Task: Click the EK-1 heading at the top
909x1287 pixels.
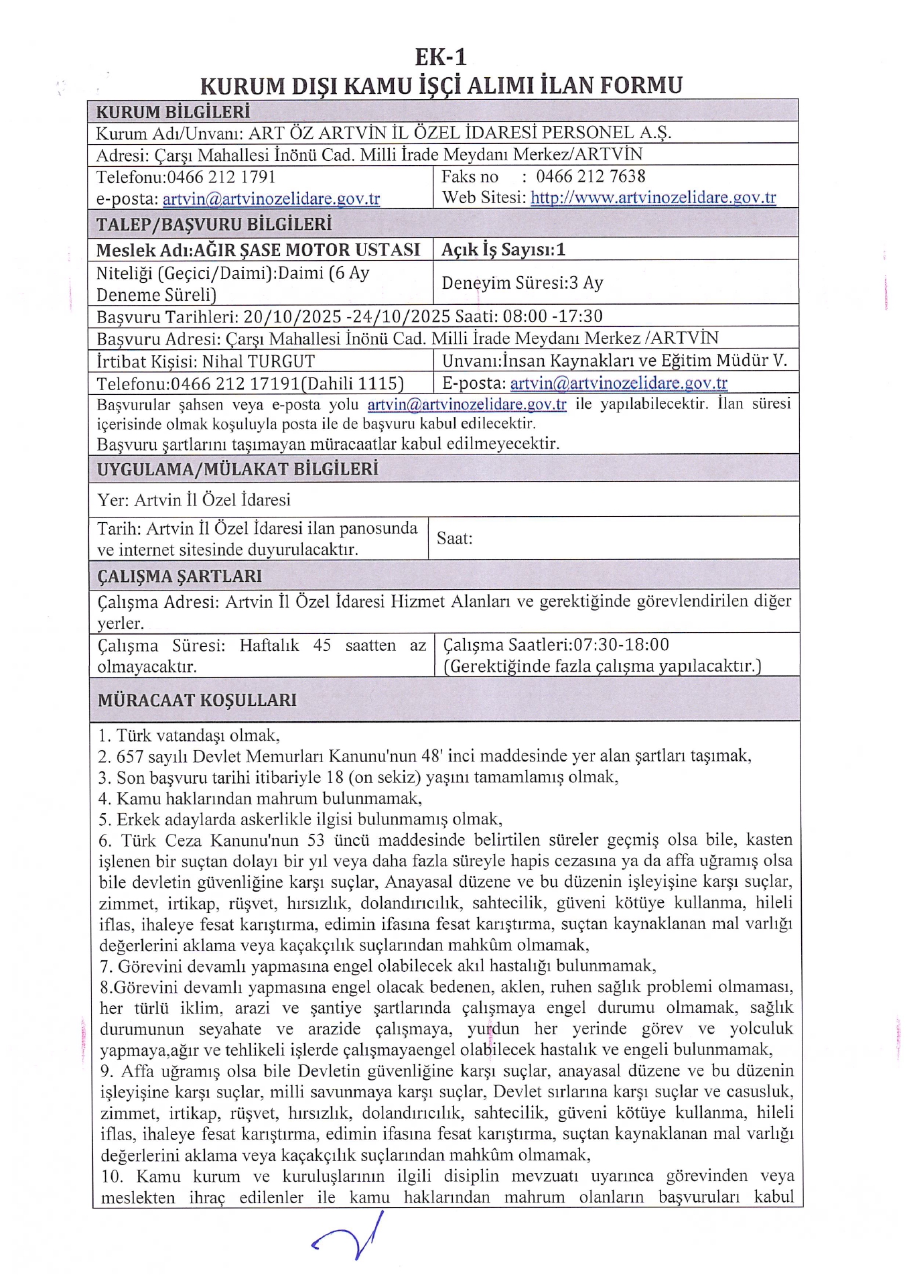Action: pyautogui.click(x=440, y=57)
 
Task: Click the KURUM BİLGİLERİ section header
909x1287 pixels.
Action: pyautogui.click(x=173, y=111)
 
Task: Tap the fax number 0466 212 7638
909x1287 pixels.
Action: pyautogui.click(x=590, y=176)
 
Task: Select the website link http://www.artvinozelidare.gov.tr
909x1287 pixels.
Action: pyautogui.click(x=653, y=198)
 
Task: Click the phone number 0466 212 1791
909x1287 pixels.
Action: pyautogui.click(x=221, y=177)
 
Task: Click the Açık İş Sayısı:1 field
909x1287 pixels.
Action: pyautogui.click(x=503, y=249)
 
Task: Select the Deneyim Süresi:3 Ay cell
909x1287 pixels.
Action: pyautogui.click(x=522, y=283)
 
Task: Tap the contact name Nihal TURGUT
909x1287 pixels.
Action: pyautogui.click(x=258, y=361)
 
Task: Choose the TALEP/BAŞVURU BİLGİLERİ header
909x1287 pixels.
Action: pyautogui.click(x=214, y=224)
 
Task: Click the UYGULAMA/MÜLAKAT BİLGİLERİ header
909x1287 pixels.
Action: pyautogui.click(x=238, y=469)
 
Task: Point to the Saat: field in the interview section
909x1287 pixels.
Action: pyautogui.click(x=455, y=538)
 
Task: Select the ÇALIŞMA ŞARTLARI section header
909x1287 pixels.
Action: pyautogui.click(x=180, y=576)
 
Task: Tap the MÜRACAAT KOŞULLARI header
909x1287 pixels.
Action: pyautogui.click(x=197, y=700)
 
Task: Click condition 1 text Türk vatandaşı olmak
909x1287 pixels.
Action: pyautogui.click(x=198, y=735)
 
